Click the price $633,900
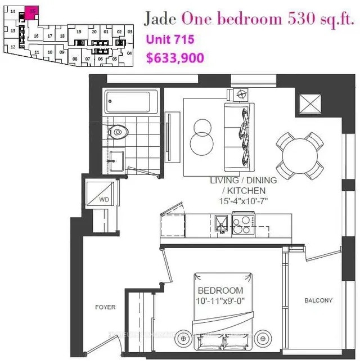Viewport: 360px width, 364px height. click(174, 57)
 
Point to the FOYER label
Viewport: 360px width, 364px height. click(105, 307)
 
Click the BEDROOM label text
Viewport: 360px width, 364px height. click(220, 290)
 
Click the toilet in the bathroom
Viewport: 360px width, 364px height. click(118, 132)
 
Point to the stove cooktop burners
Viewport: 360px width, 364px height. click(242, 225)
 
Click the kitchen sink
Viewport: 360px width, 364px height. click(222, 223)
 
